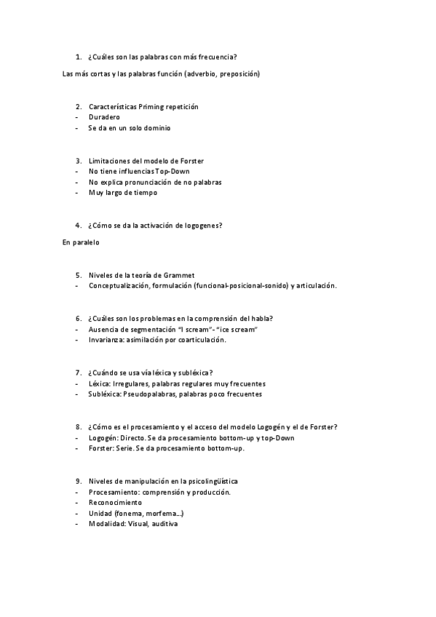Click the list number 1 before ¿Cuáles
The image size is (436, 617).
click(x=78, y=57)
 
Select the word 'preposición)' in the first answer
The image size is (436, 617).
click(x=238, y=73)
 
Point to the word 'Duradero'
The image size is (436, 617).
click(x=104, y=117)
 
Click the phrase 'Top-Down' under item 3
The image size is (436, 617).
click(x=173, y=171)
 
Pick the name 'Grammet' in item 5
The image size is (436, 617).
click(x=178, y=275)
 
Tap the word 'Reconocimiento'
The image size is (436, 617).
click(x=115, y=503)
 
